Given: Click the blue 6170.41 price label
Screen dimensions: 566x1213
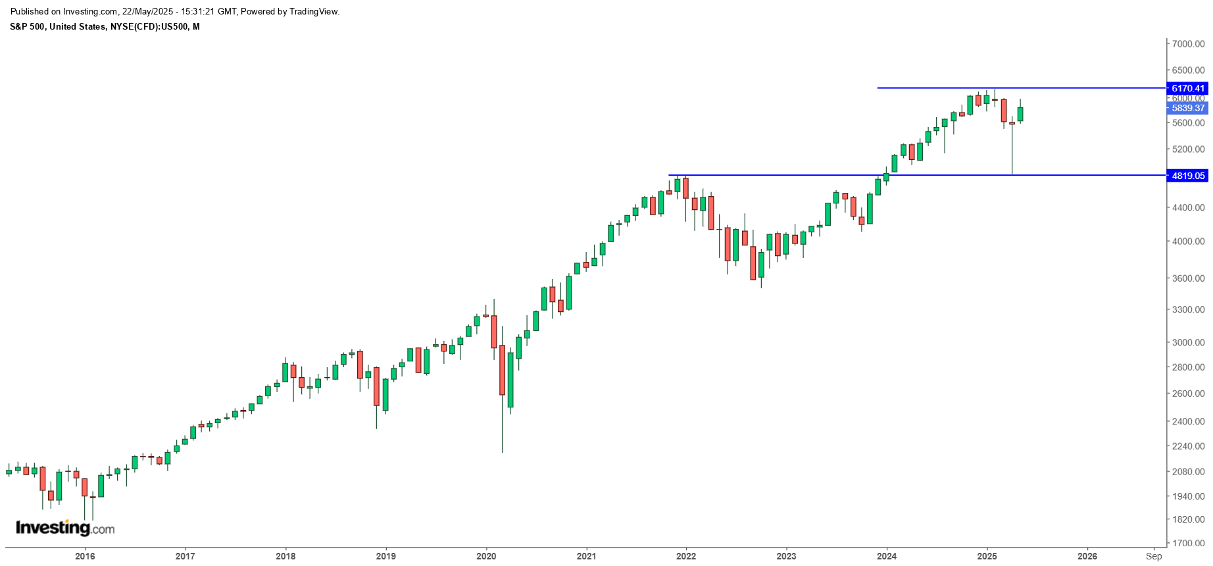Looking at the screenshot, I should tap(1187, 88).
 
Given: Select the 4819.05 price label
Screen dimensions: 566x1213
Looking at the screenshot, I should tap(1187, 176).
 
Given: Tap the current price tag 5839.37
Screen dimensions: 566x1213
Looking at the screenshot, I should tap(1187, 108).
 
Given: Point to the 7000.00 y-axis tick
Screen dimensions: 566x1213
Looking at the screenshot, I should tap(1188, 44).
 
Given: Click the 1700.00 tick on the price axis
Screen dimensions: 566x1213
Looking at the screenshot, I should tap(1188, 543).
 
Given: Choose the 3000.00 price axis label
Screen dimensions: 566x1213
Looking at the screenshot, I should tap(1188, 342).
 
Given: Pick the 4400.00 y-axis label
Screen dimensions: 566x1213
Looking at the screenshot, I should tap(1188, 207).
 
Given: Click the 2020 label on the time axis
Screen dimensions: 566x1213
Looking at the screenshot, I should tap(486, 556).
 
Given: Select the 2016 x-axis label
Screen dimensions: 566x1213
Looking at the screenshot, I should tap(85, 556).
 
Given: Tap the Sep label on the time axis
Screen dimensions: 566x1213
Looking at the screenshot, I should tap(1154, 556).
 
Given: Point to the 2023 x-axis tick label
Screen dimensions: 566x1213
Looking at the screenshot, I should tap(786, 556).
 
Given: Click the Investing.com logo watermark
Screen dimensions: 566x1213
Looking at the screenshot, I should tap(65, 528).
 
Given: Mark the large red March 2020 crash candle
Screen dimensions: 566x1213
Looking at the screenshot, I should tap(503, 370).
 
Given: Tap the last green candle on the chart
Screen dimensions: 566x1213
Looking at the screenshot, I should tap(1020, 114).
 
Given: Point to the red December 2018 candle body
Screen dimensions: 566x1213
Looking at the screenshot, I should tap(377, 386).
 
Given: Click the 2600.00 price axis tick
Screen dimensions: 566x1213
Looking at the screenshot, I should tap(1188, 394).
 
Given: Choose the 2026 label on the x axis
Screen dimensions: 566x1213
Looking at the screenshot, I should tap(1087, 556).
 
